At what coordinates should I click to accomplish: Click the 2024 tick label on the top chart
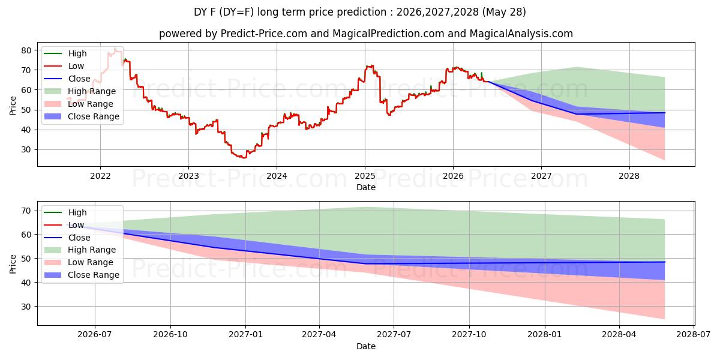[277, 176]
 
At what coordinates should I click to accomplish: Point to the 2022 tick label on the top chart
[100, 176]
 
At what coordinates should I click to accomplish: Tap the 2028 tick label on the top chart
[629, 176]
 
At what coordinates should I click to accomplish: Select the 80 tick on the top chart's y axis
[26, 50]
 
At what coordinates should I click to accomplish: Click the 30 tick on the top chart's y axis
[26, 150]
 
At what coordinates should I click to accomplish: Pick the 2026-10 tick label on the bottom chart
[170, 335]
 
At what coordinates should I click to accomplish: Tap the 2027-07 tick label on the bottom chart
[394, 335]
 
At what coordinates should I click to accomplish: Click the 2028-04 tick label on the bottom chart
[619, 335]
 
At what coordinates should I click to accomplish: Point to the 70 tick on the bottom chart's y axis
[26, 211]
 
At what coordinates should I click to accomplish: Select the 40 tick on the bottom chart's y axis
[26, 283]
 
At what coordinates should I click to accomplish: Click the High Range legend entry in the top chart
[80, 91]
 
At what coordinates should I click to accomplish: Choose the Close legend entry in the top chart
[67, 79]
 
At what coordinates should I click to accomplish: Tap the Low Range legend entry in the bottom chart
[79, 262]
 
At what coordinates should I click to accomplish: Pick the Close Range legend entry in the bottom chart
[82, 275]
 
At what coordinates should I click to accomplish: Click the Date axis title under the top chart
[366, 187]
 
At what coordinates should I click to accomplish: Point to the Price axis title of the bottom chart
[13, 264]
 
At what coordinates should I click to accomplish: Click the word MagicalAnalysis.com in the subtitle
[521, 34]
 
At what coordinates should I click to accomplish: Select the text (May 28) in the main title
[504, 12]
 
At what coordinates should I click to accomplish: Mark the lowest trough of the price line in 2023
[242, 158]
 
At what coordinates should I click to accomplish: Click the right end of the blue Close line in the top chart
[665, 113]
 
